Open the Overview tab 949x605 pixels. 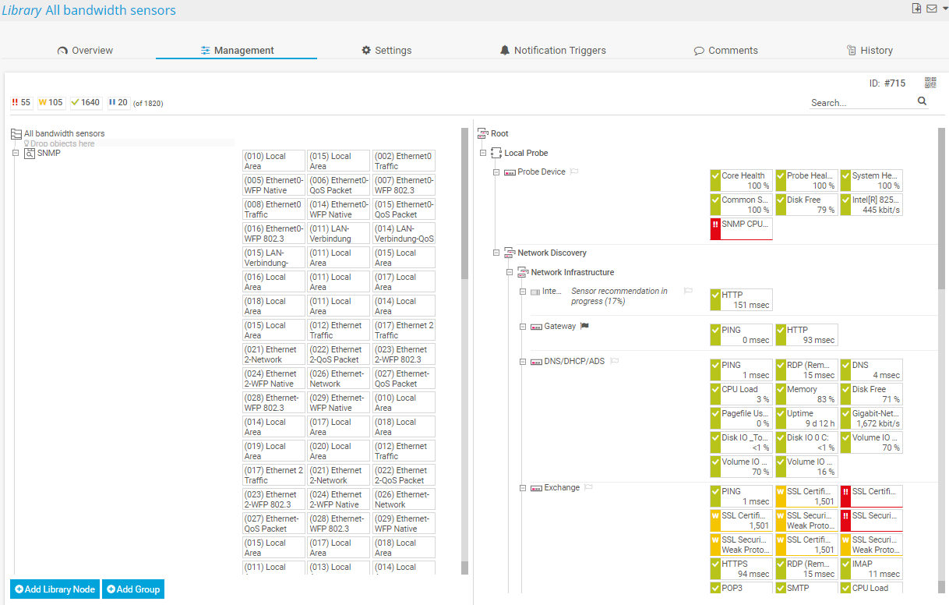point(85,51)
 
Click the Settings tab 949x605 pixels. point(386,51)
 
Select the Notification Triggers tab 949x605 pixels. point(552,51)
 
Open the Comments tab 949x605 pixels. point(725,51)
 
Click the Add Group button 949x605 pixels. point(133,589)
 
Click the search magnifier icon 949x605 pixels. point(923,101)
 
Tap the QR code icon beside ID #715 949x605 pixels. point(930,83)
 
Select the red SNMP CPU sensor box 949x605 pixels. point(741,228)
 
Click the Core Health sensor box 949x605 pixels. point(741,180)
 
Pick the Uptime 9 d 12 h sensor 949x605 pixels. point(806,418)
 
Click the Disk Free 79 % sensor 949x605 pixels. point(806,204)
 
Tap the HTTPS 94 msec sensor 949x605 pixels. point(741,568)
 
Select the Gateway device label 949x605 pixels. point(559,326)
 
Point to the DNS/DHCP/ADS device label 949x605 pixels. point(574,361)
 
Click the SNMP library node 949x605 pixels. point(48,153)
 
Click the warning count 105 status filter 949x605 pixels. point(51,102)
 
